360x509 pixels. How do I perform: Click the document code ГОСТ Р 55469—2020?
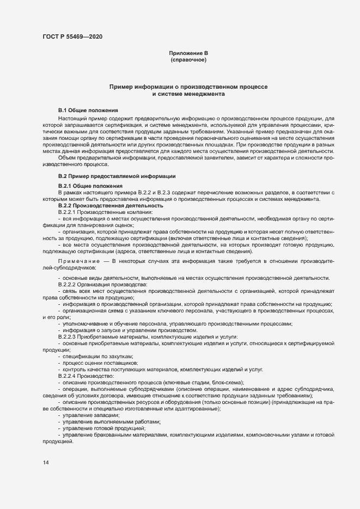point(72,36)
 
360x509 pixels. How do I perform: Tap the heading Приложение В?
point(188,53)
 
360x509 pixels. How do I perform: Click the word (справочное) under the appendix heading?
point(188,59)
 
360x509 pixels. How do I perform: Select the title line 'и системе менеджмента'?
point(188,94)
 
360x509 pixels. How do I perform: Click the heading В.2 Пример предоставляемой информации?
point(117,177)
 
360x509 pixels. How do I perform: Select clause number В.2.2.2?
point(69,284)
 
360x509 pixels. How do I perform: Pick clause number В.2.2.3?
point(69,337)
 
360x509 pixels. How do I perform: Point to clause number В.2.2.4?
point(69,376)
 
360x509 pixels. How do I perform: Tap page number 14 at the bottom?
point(46,462)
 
